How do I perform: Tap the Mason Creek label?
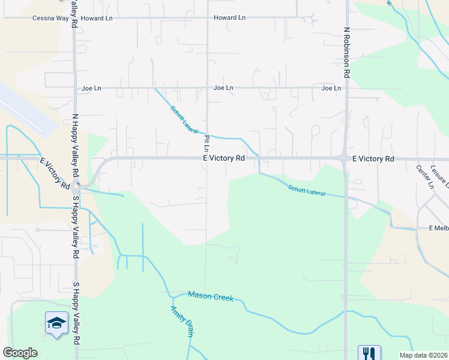point(210,296)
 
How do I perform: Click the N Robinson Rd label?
point(347,52)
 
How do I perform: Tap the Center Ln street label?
point(424,176)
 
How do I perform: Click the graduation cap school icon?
point(56,323)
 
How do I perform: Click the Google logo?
point(20,353)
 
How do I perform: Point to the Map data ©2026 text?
point(423,355)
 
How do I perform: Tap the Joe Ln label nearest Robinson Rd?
point(331,88)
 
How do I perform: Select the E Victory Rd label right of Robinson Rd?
point(373,159)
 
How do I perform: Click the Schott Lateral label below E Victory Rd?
point(307,191)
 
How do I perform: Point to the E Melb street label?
point(438,229)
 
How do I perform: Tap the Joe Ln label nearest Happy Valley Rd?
point(91,88)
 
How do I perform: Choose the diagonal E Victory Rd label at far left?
point(54,173)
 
